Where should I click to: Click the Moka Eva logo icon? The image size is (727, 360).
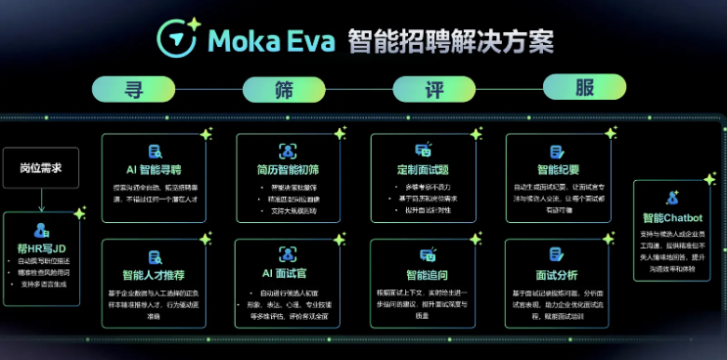click(178, 40)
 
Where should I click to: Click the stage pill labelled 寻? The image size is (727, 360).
click(133, 89)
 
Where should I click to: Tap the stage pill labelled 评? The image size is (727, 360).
click(433, 89)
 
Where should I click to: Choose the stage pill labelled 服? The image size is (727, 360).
click(584, 89)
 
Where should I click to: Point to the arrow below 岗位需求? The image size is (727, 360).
click(41, 201)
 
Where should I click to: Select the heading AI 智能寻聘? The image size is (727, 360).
click(153, 169)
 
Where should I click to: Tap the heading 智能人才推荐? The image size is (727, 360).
click(153, 276)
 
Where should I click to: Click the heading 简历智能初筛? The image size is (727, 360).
click(288, 169)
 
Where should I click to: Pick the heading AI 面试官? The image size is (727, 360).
click(288, 276)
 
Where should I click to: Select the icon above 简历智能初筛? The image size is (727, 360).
click(288, 150)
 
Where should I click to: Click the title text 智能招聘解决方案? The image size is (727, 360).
click(451, 42)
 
